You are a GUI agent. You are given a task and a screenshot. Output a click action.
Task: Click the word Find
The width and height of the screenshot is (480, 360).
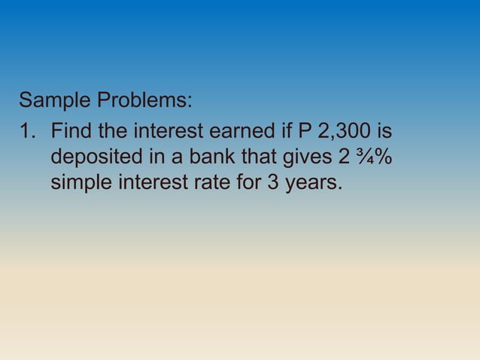(71, 132)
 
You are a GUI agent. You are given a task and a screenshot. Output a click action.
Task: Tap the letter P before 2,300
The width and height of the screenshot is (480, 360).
(305, 132)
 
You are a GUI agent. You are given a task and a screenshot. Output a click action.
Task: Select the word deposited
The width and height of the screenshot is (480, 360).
(94, 157)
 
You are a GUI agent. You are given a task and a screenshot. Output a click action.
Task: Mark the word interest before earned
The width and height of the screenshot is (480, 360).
(169, 132)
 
